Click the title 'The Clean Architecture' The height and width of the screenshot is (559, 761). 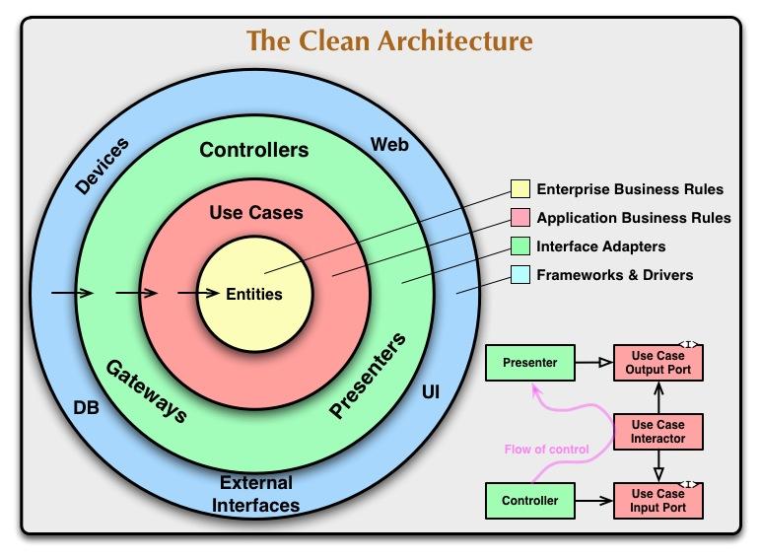pos(389,41)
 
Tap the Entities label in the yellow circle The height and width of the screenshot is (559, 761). pos(254,294)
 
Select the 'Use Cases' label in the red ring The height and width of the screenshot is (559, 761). pos(256,212)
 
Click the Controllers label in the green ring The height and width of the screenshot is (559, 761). pos(254,151)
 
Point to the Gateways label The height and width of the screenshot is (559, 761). pos(146,390)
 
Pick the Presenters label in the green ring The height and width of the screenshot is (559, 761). pos(368,377)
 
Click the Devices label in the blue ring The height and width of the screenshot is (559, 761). pos(102,165)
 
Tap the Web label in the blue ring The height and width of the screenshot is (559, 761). pos(389,145)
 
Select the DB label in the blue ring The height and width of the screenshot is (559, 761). pos(86,406)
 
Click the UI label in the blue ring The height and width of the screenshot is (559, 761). pos(431,392)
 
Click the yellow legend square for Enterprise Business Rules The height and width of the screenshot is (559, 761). pos(519,189)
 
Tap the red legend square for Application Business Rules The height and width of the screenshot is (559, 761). pos(519,218)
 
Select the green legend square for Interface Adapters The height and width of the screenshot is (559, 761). pos(519,246)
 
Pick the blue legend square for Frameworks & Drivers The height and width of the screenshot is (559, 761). pos(519,275)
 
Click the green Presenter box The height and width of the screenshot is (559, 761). pos(529,363)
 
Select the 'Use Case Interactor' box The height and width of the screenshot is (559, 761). pos(657,431)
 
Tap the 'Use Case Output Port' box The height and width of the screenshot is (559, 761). pos(657,363)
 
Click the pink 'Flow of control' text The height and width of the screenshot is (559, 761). pos(546,450)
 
